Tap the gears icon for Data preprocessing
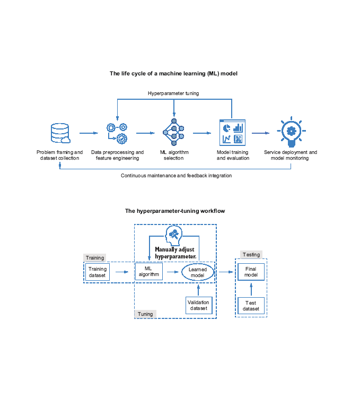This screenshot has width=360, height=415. (x=117, y=133)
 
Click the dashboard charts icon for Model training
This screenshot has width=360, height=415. (x=231, y=133)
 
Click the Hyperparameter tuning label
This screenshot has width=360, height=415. (x=173, y=93)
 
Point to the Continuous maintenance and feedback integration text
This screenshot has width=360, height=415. (x=176, y=175)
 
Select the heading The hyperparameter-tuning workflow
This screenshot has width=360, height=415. (x=174, y=211)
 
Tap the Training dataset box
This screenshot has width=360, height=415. (x=98, y=272)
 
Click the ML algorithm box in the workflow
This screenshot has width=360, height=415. (x=148, y=272)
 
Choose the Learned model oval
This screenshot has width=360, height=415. (x=197, y=272)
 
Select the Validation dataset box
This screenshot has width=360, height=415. (x=199, y=305)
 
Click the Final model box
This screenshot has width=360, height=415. (x=251, y=272)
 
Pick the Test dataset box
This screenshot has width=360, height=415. (x=251, y=306)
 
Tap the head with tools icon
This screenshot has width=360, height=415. (x=175, y=235)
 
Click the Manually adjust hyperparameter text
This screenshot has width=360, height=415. (x=175, y=253)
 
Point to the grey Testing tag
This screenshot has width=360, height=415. (x=251, y=255)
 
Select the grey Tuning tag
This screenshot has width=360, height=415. (x=145, y=314)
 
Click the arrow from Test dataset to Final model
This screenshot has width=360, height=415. (x=251, y=289)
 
